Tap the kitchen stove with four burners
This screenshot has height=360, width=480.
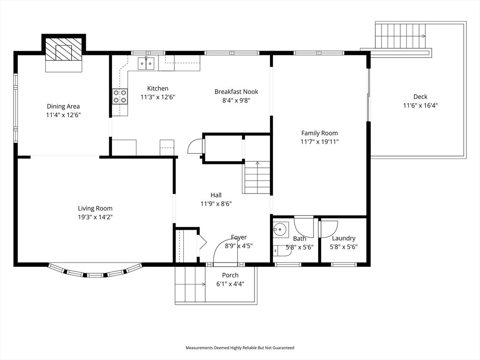tap(120, 96)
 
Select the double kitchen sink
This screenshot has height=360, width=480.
tap(147, 63)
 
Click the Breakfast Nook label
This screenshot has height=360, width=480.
tap(236, 92)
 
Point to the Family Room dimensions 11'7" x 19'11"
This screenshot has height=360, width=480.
tap(319, 142)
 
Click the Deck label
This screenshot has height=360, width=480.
tap(420, 97)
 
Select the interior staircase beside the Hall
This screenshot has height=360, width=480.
tap(257, 177)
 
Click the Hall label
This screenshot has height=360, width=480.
tap(216, 195)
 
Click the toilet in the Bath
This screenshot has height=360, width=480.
tap(283, 250)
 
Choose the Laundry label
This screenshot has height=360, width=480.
tap(343, 238)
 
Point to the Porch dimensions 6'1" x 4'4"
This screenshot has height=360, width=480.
tap(230, 284)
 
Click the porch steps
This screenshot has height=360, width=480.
tap(190, 284)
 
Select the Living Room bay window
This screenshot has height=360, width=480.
tap(95, 272)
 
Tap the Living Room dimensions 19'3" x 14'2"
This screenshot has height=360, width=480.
tap(95, 217)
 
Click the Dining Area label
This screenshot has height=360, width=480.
tap(63, 106)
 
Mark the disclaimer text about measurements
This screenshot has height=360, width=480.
tap(240, 348)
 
